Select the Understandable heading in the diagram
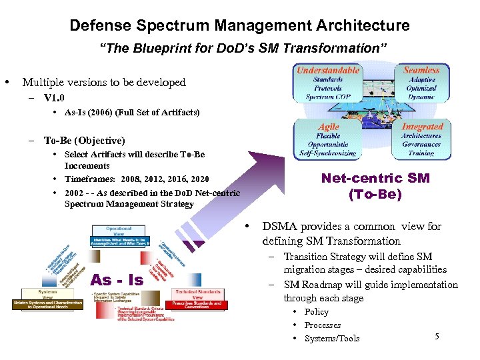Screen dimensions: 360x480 click(328, 70)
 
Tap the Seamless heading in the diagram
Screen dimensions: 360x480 click(421, 69)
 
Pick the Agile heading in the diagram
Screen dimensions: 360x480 click(328, 127)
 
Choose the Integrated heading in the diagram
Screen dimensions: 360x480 click(422, 127)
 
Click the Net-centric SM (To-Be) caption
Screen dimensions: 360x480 click(375, 187)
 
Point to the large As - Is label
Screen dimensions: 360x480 click(117, 280)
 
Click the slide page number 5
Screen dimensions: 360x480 click(437, 336)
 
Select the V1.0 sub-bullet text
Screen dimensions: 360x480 click(54, 97)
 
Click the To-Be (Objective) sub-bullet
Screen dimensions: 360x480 click(84, 141)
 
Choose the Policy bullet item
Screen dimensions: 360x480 click(317, 312)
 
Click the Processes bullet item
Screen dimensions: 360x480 click(323, 325)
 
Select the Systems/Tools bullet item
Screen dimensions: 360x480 click(332, 339)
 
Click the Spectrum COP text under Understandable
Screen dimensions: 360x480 click(328, 97)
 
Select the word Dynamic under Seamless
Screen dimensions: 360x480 click(421, 97)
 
